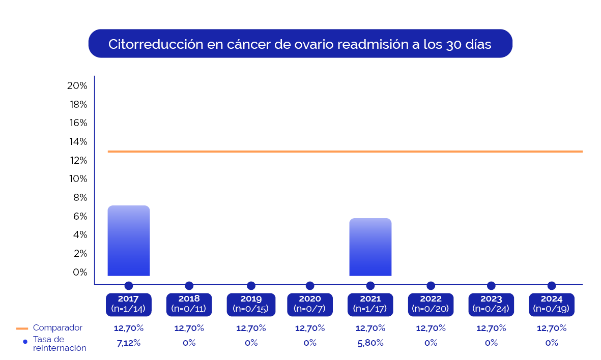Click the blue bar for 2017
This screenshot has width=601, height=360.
129,241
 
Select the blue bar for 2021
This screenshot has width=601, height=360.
370,247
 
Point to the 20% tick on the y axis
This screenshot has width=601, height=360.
77,85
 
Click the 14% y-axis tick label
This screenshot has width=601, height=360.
77,141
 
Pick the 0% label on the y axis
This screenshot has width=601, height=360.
80,272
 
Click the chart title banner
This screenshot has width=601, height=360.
300,44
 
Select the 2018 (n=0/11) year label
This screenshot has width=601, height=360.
189,304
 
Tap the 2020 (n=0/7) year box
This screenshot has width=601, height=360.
310,304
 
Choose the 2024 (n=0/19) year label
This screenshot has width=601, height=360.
552,304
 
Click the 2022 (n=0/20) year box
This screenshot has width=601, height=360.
431,304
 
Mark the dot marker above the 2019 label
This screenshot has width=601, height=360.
251,286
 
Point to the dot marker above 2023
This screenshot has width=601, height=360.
491,286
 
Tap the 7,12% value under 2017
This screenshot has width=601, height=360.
129,343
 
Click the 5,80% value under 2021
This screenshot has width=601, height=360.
370,343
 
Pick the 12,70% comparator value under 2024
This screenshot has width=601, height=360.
552,328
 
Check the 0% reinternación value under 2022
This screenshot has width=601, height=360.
431,343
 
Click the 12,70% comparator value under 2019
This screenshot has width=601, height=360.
251,328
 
